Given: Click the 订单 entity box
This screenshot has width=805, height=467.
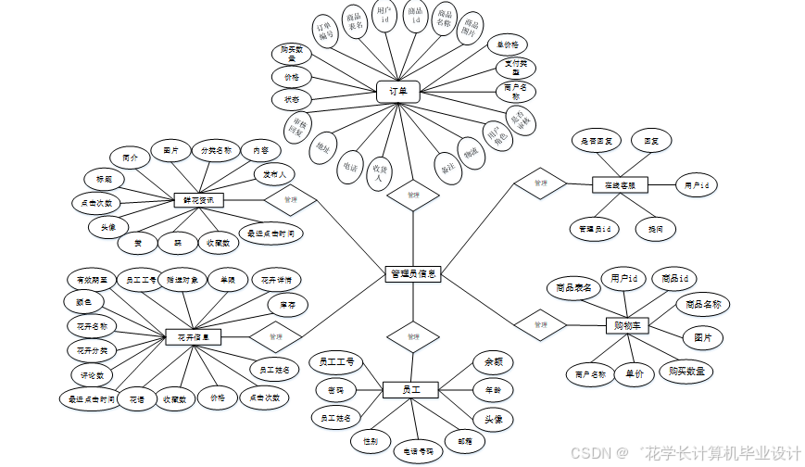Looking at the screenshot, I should pos(398,92).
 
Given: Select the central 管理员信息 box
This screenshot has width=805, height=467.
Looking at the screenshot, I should pos(412,274).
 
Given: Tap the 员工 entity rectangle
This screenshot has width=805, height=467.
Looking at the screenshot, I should pos(409,390).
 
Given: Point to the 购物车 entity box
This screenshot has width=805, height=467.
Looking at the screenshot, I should pos(626,325).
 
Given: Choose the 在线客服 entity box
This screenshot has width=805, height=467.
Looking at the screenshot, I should pos(620,185).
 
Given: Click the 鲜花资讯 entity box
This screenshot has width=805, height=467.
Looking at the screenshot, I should pos(197,199).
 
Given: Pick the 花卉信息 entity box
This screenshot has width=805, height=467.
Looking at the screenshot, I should pos(194,336).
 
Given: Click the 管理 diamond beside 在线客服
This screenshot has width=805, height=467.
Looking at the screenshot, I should pos(539,183).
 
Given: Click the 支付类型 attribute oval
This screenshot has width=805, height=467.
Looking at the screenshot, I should pos(514,68).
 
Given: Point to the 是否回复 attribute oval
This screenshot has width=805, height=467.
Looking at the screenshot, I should pos(597,142).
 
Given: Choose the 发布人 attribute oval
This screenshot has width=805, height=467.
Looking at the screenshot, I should pos(276,173).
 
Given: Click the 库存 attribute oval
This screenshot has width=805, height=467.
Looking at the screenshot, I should pos(286,305).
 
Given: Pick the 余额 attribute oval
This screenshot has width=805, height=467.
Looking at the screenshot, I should pos(494,362).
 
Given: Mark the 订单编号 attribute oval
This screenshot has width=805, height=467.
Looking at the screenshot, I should pos(325,33).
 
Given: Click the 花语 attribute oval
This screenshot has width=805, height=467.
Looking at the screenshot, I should pos(137,399).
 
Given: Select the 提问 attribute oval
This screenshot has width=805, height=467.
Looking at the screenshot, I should pos(656,228).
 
